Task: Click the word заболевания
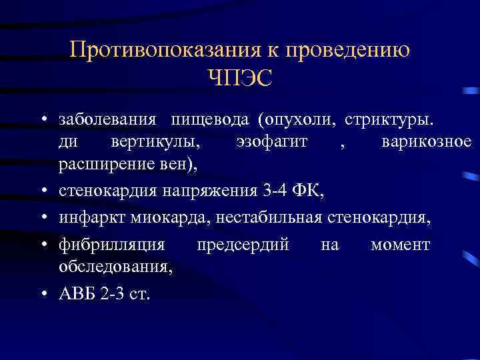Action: (108, 121)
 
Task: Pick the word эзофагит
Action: (271, 142)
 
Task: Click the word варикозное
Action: (427, 142)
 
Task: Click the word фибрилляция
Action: (111, 245)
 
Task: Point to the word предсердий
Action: (243, 245)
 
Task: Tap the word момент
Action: (400, 245)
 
